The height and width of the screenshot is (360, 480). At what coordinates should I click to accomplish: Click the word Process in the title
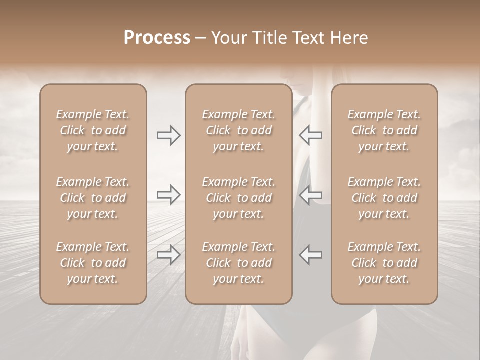coord(157,37)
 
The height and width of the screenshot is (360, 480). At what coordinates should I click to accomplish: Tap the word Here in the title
coord(348,37)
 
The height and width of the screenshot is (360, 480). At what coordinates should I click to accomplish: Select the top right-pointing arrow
coord(168,135)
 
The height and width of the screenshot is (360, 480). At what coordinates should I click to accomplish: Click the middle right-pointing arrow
coord(168,195)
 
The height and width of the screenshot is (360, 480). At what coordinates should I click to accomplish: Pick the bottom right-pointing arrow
coord(168,254)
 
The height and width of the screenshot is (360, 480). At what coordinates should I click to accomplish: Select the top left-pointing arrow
coord(310,135)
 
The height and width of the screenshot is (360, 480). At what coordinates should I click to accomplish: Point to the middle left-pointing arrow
coord(310,195)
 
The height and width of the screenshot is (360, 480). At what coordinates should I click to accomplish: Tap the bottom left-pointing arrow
coord(310,254)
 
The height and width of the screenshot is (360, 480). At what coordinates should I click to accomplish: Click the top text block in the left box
coord(93,130)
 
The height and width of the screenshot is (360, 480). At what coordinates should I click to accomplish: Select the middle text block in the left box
coord(93,198)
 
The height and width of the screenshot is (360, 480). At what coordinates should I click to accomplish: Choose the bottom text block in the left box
coord(93,263)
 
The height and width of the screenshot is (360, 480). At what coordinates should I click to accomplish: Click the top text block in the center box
coord(239,130)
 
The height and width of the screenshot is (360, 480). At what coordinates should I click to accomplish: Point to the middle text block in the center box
coord(239,198)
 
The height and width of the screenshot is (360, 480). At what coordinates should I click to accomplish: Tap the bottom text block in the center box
coord(239,263)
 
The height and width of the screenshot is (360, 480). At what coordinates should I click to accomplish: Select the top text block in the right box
coord(384,130)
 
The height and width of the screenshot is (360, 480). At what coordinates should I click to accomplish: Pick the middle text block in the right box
coord(384,198)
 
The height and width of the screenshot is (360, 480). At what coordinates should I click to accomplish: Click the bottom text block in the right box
coord(384,263)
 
